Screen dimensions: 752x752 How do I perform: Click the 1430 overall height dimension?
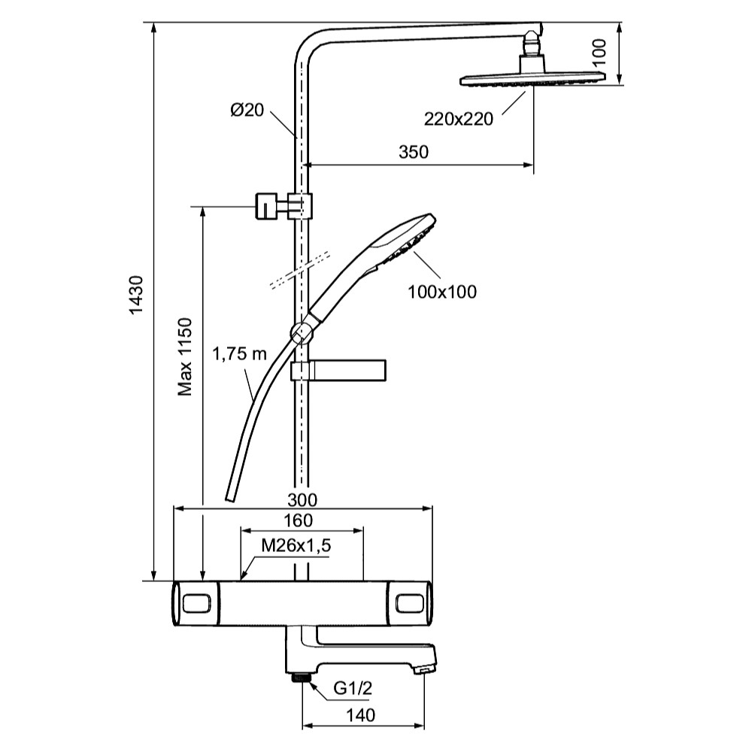[x=137, y=295]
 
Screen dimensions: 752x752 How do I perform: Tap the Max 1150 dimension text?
[x=185, y=356]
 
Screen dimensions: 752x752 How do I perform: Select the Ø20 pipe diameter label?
[x=247, y=110]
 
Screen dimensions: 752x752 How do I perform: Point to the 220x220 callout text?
[x=459, y=119]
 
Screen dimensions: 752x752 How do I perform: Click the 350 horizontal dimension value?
[x=414, y=152]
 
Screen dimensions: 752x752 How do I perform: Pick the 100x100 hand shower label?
[x=442, y=292]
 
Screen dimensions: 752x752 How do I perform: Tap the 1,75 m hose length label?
[x=239, y=354]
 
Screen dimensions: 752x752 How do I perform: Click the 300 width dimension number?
[x=302, y=500]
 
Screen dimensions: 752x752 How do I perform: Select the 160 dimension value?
[x=299, y=520]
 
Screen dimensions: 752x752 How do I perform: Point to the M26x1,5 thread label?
[x=296, y=545]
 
